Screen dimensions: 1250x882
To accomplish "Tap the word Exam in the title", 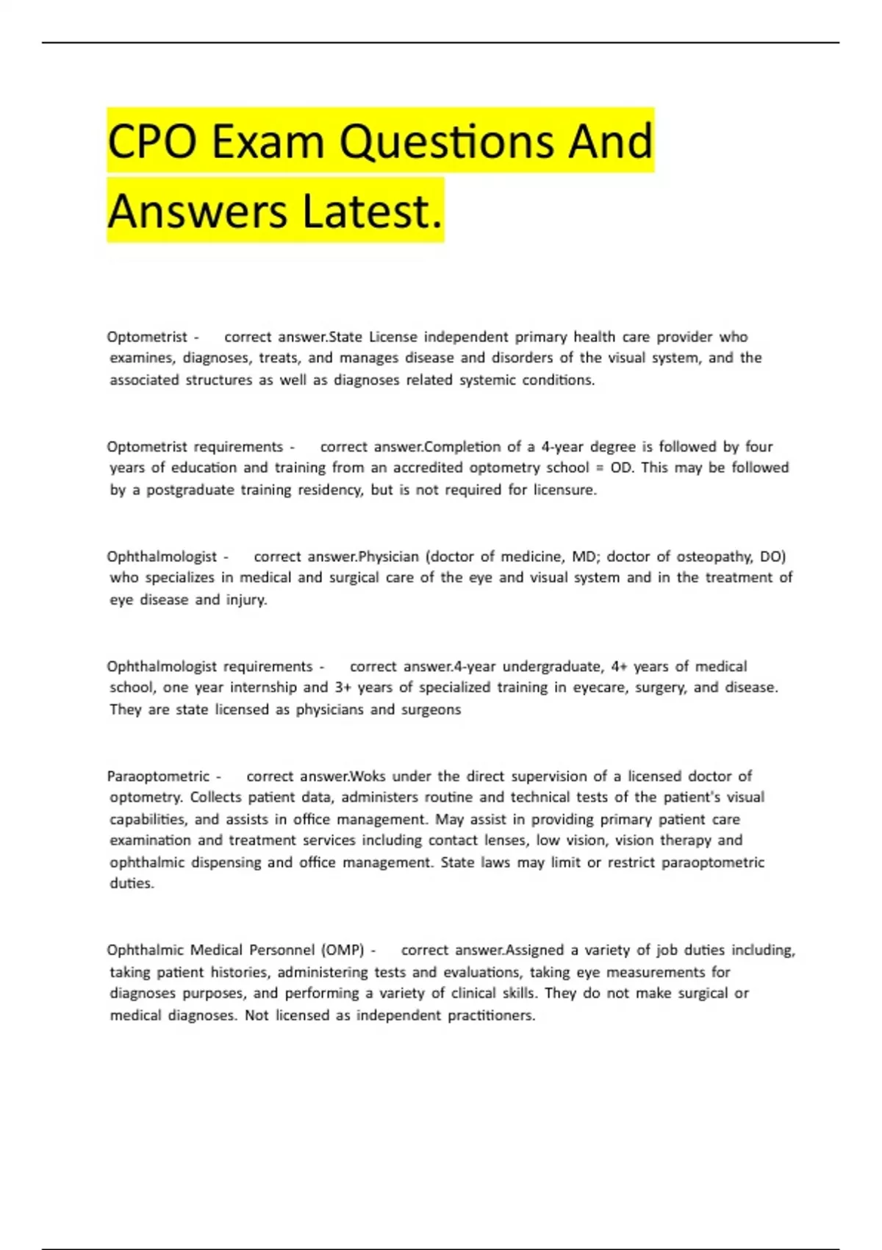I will pyautogui.click(x=268, y=141).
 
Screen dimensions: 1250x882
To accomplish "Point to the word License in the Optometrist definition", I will pyautogui.click(x=392, y=337).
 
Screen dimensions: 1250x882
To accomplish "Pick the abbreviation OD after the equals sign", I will pyautogui.click(x=622, y=468).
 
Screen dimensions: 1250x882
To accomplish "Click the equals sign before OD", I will pyautogui.click(x=600, y=468).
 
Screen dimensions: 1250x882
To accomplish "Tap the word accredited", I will pyautogui.click(x=428, y=468).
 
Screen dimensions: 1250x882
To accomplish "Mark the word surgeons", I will pyautogui.click(x=431, y=710).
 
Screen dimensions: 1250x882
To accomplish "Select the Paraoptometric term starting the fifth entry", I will pyautogui.click(x=158, y=776).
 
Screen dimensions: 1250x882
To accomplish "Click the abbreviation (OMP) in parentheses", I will pyautogui.click(x=343, y=950).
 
